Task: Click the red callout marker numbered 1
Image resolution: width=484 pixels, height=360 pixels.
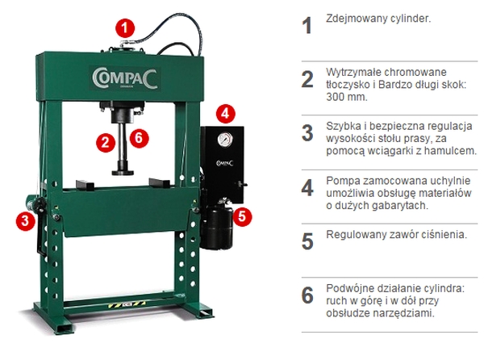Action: coord(125,28)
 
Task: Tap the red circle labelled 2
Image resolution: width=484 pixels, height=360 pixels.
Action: coord(106,143)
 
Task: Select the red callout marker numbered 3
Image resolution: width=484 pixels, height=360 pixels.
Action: coord(26,220)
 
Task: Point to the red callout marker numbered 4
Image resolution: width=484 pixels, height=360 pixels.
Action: coord(225,114)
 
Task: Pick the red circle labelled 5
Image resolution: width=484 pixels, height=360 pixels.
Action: coord(242,216)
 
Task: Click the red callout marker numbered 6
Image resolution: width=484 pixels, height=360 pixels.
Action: coord(139,137)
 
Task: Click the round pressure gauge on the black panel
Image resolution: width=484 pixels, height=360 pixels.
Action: coord(225,140)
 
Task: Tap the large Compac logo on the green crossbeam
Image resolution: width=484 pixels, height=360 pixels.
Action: coord(125,78)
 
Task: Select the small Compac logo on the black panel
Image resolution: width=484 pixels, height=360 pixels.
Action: coord(225,163)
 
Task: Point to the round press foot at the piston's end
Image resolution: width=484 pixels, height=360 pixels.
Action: coord(123,171)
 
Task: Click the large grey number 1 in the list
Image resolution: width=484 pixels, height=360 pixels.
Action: coord(307,26)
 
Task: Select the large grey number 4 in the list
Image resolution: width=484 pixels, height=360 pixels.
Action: coord(307,188)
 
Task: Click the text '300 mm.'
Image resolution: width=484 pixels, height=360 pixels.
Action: coord(347,97)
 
